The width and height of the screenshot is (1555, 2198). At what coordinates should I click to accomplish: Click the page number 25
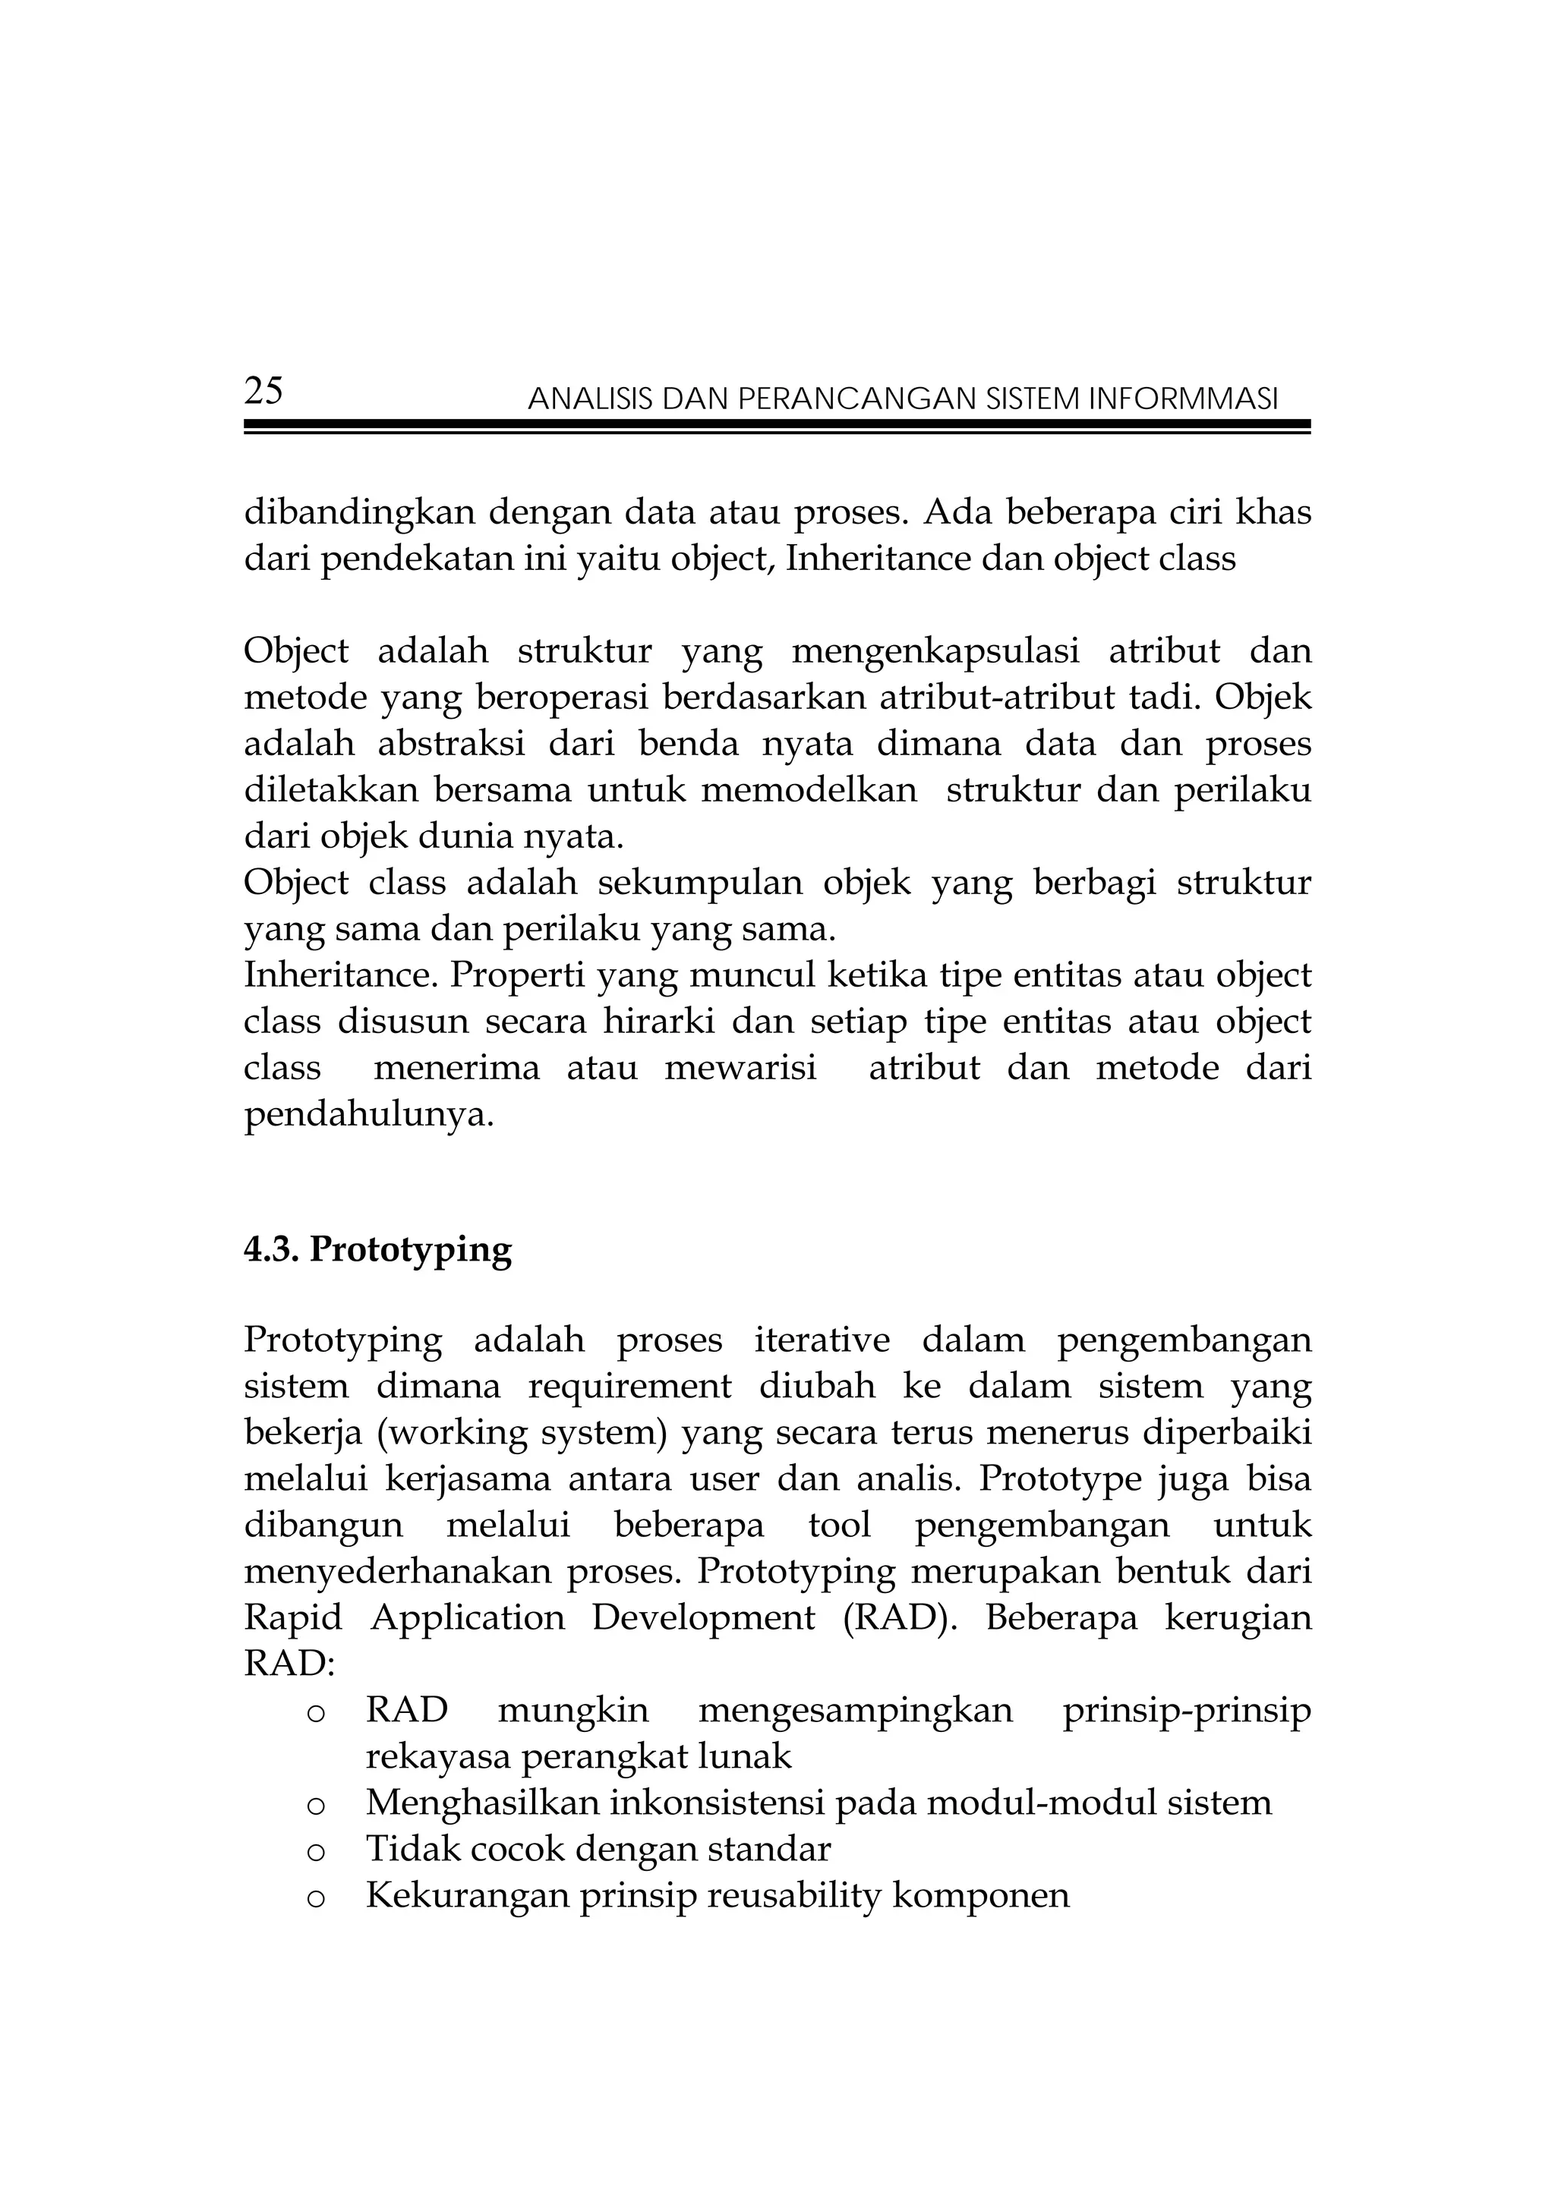point(263,392)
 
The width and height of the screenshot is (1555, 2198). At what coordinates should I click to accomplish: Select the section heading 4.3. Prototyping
point(377,1249)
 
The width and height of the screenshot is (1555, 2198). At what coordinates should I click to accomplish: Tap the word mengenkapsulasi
point(935,651)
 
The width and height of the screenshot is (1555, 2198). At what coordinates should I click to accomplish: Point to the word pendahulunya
point(369,1114)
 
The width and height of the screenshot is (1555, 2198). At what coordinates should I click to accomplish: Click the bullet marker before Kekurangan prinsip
point(315,1898)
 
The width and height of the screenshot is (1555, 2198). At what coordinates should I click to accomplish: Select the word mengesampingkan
point(855,1711)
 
